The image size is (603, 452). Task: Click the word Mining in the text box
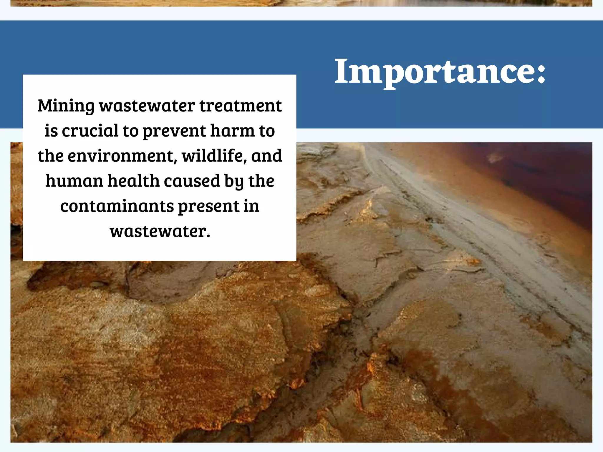pos(66,106)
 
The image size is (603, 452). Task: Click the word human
pos(74,181)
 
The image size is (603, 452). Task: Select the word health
pos(134,181)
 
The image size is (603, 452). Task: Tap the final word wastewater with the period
pos(160,231)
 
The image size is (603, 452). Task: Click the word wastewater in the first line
pos(147,106)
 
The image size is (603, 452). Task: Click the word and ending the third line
pos(266,156)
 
